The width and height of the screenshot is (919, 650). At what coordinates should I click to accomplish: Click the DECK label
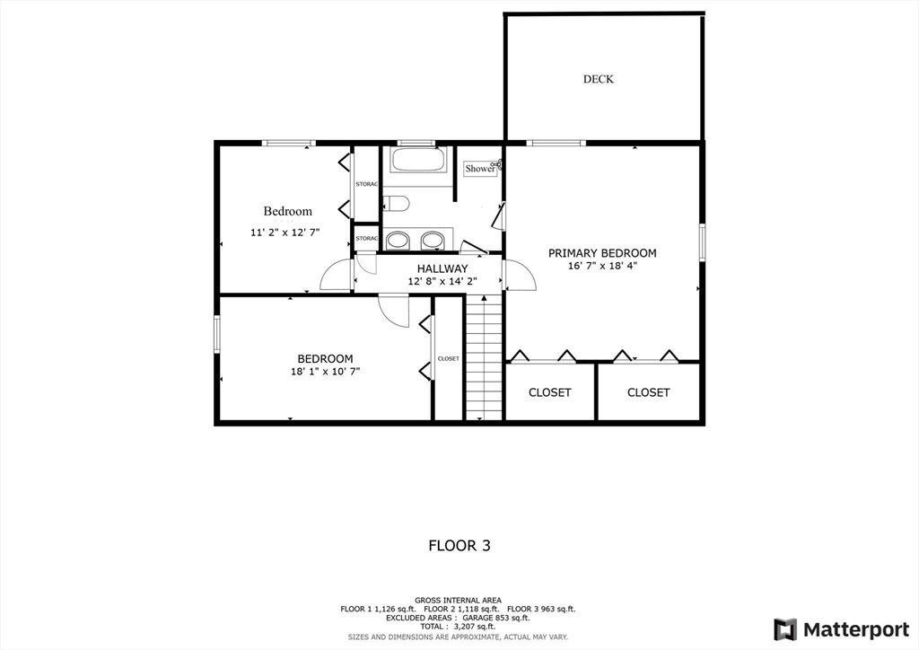coord(599,79)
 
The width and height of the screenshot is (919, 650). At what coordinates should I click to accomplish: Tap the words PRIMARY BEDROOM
coord(602,253)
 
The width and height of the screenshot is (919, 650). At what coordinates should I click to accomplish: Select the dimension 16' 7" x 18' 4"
coord(602,267)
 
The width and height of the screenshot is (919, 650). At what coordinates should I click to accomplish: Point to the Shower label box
coord(480,168)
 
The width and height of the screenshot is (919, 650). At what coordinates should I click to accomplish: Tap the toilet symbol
coord(397,204)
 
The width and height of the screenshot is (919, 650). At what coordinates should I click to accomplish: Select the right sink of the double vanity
coord(432,240)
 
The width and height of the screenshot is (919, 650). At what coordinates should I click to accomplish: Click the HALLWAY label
coord(442,268)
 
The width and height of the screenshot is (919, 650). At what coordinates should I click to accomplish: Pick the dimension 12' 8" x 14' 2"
coord(442,281)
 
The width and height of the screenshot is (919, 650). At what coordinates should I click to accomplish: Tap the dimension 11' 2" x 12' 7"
coord(284,233)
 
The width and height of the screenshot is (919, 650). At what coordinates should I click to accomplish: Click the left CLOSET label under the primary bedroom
coord(549,392)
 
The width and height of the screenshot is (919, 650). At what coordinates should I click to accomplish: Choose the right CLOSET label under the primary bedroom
coord(648,392)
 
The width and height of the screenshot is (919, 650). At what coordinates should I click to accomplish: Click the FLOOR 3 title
coord(459,545)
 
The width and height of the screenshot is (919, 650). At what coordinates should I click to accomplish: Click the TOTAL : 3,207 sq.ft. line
coord(459,627)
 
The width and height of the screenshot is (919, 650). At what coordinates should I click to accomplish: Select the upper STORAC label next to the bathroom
coord(366,184)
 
